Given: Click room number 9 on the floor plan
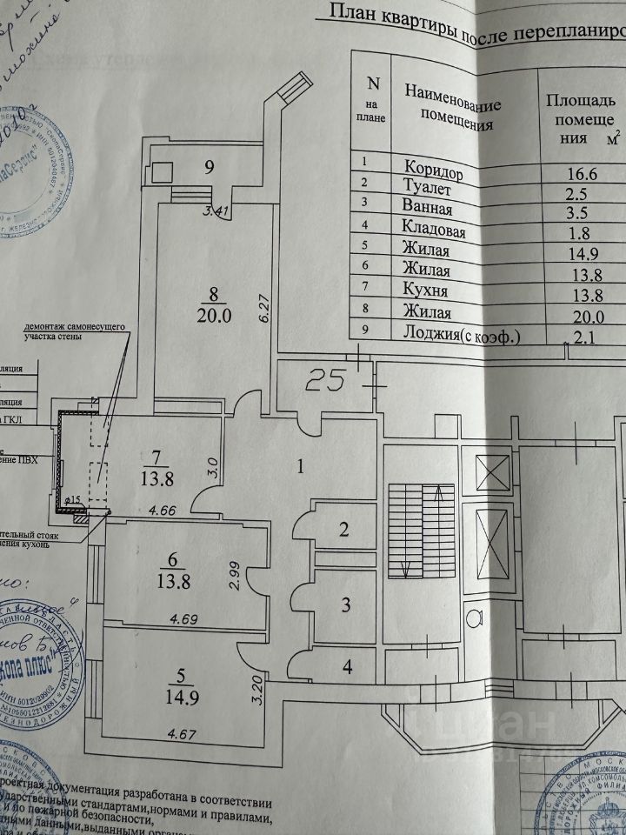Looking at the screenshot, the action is (210, 168).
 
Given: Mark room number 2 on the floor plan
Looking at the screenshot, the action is (343, 529).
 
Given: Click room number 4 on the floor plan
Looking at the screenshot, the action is (346, 669).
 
